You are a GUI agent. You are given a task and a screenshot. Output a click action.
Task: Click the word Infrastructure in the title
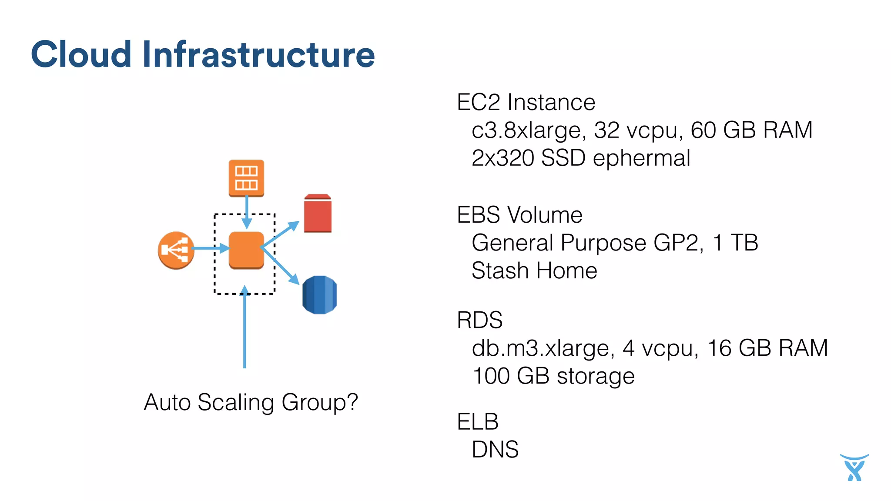[258, 54]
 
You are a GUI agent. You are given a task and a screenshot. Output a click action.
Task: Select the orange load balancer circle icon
[176, 250]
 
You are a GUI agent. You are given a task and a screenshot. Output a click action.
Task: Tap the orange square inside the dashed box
[246, 250]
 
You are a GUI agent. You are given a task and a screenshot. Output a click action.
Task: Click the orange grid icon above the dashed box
[246, 178]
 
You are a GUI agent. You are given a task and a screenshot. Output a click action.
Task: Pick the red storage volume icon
[318, 214]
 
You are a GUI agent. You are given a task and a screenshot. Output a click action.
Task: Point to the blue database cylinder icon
[319, 294]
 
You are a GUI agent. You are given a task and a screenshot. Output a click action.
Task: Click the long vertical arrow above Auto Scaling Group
[245, 331]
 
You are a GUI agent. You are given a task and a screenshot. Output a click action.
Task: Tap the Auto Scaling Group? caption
[251, 402]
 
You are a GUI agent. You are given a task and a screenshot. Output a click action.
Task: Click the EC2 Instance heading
[526, 103]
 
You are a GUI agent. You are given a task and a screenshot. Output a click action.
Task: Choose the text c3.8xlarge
[526, 130]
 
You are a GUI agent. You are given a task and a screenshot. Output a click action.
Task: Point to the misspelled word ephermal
[641, 158]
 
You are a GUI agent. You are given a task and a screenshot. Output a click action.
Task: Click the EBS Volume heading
[519, 215]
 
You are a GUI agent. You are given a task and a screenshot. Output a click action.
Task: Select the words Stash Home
[534, 271]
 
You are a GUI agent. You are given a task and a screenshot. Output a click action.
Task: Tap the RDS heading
[479, 320]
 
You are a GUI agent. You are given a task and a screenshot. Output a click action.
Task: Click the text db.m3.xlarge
[543, 348]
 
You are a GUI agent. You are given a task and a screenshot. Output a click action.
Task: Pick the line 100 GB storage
[553, 376]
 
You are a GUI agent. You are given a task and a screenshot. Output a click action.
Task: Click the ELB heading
[478, 421]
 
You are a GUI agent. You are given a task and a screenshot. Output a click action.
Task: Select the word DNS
[495, 449]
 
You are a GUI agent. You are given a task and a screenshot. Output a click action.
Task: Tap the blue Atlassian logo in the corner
[854, 468]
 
